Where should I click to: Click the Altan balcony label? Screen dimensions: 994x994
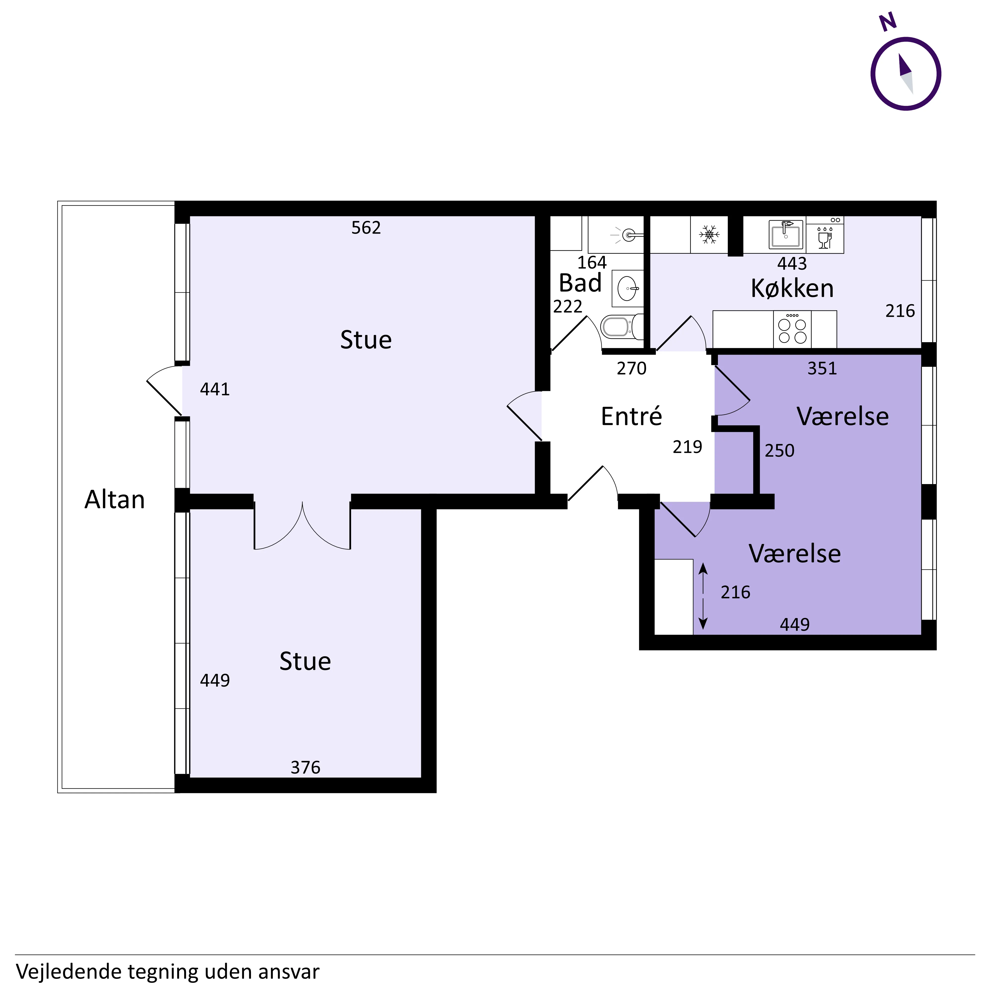[x=115, y=499]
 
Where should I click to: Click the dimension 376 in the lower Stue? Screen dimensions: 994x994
[x=306, y=767]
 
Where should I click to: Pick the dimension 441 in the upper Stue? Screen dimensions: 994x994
[x=215, y=389]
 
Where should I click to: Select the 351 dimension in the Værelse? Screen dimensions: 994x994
[x=822, y=368]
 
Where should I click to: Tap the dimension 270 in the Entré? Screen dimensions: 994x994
[x=632, y=368]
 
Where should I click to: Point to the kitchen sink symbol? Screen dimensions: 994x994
[x=786, y=234]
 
